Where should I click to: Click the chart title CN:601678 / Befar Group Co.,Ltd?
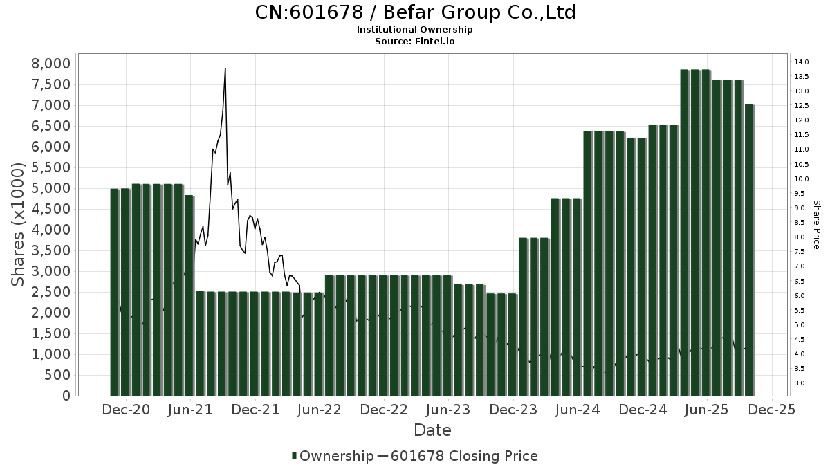[x=415, y=12]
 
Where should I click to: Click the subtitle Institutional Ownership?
[x=415, y=30]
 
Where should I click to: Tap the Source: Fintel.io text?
[x=415, y=41]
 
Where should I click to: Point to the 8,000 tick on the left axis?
[x=52, y=64]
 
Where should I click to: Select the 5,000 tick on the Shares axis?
[x=52, y=188]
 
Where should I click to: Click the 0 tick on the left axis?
[x=66, y=396]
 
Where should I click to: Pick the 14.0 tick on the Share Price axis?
[x=802, y=62]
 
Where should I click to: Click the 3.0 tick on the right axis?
[x=800, y=383]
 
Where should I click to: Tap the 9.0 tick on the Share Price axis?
[x=800, y=208]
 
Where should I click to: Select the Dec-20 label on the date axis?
[x=126, y=410]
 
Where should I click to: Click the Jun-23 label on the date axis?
[x=448, y=410]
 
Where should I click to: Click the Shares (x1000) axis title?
[x=19, y=225]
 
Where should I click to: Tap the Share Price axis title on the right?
[x=816, y=225]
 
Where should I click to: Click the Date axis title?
[x=432, y=430]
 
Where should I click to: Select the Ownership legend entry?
[x=332, y=456]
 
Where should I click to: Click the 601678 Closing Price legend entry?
[x=463, y=456]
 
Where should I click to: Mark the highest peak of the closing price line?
[x=225, y=68]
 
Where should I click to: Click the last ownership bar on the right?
[x=749, y=249]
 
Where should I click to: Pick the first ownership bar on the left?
[x=115, y=291]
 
